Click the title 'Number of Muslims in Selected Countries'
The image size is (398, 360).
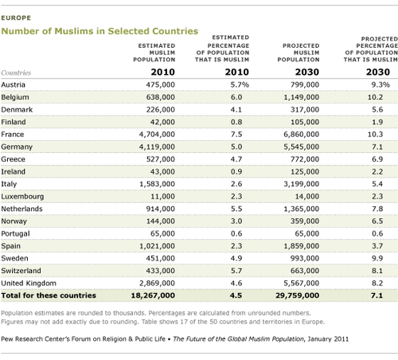point(101,31)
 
